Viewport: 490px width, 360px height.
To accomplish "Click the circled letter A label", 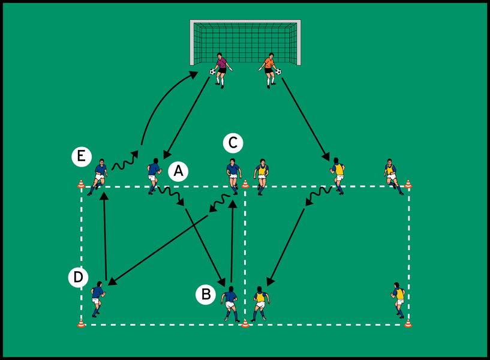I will tap(178, 172).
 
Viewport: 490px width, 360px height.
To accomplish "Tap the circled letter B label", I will tap(205, 294).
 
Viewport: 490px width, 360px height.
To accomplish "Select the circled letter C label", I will tap(233, 143).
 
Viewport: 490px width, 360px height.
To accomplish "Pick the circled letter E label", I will tap(80, 157).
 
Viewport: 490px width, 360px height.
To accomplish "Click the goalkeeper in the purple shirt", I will tap(222, 68).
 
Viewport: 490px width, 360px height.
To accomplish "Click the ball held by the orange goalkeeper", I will tap(278, 72).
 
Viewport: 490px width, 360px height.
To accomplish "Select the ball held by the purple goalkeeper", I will tap(212, 71).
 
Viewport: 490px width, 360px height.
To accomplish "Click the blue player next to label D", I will tap(97, 298).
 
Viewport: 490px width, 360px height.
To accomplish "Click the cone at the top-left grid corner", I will tap(81, 184).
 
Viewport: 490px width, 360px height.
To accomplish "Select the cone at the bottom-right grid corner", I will tap(408, 323).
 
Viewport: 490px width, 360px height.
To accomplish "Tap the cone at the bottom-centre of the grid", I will tap(245, 323).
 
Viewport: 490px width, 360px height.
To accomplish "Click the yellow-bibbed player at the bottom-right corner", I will tap(399, 298).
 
